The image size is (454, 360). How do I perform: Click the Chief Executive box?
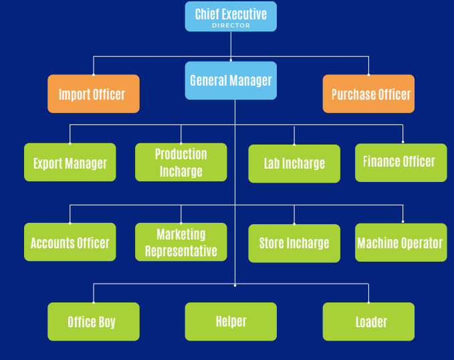[x=231, y=17]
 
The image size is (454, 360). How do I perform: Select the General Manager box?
[x=231, y=80]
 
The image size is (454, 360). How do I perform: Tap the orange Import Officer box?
[x=94, y=94]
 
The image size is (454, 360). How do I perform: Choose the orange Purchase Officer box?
[x=368, y=94]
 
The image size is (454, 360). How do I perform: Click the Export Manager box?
[x=70, y=163]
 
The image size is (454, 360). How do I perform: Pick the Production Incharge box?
[x=181, y=163]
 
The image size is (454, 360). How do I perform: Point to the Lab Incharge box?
[x=294, y=163]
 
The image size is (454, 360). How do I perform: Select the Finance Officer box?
[x=401, y=163]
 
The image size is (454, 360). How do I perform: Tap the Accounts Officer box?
[x=70, y=242]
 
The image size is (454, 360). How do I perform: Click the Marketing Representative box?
[x=181, y=242]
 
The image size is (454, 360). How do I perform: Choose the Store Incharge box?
[x=294, y=243]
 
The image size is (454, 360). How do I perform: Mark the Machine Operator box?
[x=401, y=242]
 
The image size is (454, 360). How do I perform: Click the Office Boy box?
[x=94, y=322]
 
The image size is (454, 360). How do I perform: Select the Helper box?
[x=231, y=322]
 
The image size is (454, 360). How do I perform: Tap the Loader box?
[x=368, y=322]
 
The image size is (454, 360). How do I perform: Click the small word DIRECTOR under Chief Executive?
[x=231, y=26]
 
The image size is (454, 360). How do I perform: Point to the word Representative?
[x=181, y=252]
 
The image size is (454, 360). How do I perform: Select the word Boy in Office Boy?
[x=107, y=322]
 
